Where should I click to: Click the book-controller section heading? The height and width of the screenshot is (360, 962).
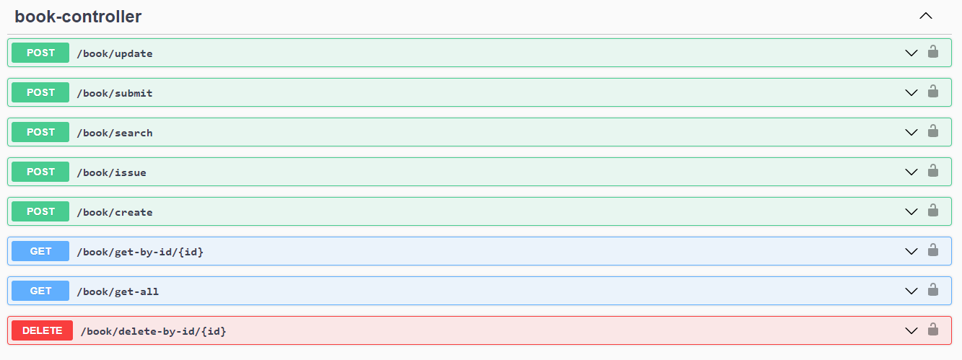[x=78, y=17]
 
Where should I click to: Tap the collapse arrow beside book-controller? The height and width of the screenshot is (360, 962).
[x=926, y=16]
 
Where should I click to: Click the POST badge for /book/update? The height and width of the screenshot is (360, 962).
[x=40, y=53]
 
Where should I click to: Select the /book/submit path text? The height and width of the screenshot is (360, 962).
[x=115, y=93]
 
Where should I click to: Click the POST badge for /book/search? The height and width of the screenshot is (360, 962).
[x=40, y=132]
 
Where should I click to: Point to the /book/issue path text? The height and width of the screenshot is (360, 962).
[x=112, y=172]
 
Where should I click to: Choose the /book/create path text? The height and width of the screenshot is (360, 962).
[x=115, y=212]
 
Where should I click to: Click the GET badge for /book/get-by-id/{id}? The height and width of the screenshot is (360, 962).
[x=40, y=251]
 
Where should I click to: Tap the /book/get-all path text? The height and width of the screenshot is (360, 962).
[x=118, y=291]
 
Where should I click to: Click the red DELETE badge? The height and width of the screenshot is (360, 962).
[x=42, y=330]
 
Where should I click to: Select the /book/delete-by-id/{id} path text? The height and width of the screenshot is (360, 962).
[x=153, y=331]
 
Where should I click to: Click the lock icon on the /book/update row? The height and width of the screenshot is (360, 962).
[x=932, y=52]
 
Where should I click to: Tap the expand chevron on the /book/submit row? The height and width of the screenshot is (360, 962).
[x=911, y=92]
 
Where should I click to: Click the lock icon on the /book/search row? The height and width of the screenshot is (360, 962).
[x=932, y=131]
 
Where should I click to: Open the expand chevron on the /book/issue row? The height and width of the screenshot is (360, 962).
[x=911, y=172]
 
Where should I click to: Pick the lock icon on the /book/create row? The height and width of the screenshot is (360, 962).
[x=932, y=211]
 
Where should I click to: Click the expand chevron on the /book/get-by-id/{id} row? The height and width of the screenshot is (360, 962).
[x=911, y=251]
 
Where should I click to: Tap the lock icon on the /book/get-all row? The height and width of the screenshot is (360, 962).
[x=932, y=290]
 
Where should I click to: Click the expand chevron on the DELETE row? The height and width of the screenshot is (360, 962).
[x=911, y=330]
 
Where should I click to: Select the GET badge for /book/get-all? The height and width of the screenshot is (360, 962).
[x=40, y=291]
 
